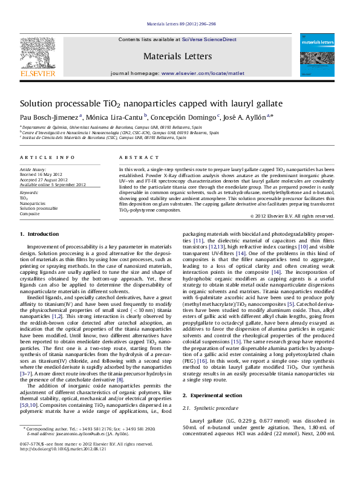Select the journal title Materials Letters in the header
coord(177,56)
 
